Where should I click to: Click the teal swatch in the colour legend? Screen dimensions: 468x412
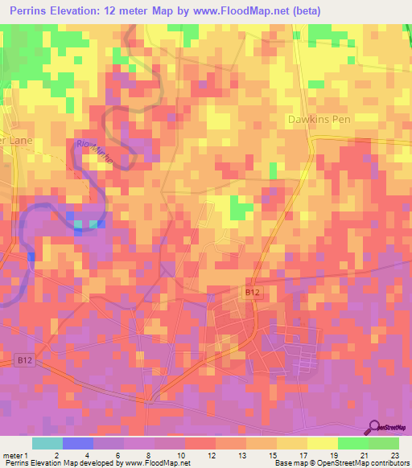point(47,443)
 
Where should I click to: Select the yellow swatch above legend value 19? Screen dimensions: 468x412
point(323,443)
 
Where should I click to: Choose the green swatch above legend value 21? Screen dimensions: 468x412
point(353,443)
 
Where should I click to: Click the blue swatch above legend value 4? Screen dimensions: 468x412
point(78,443)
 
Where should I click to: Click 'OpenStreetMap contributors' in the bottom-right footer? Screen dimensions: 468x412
point(359,463)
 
